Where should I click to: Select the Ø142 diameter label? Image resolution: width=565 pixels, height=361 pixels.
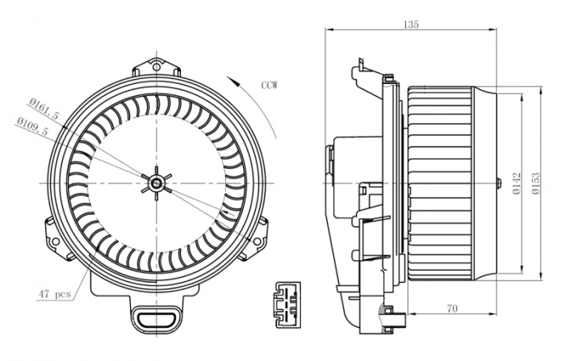[x=515, y=184]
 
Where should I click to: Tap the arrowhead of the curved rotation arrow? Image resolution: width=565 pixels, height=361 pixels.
[x=230, y=78]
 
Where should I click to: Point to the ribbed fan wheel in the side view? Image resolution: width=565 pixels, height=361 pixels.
[x=440, y=184]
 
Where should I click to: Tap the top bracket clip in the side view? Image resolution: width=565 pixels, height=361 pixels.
[x=361, y=75]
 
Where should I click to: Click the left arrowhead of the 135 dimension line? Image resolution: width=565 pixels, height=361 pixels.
[x=327, y=31]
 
